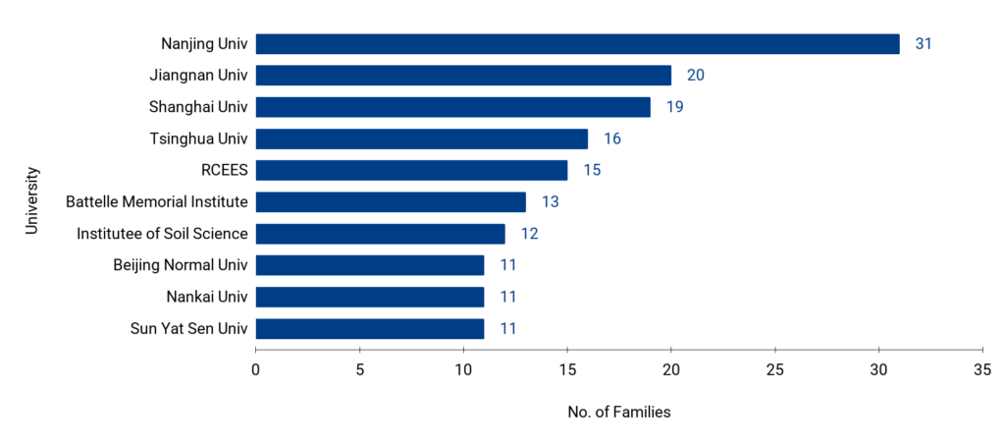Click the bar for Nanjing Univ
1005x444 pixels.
pyautogui.click(x=577, y=44)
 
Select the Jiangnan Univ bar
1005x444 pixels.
pyautogui.click(x=463, y=76)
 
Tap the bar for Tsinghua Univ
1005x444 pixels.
pyautogui.click(x=422, y=139)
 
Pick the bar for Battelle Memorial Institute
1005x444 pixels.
pyautogui.click(x=391, y=202)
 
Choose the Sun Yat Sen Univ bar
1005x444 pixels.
pyautogui.click(x=370, y=328)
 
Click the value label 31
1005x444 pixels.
pyautogui.click(x=923, y=44)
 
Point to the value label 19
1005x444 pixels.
pyautogui.click(x=674, y=107)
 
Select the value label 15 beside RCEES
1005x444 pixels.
pyautogui.click(x=591, y=170)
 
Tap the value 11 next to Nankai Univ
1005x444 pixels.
pyautogui.click(x=507, y=297)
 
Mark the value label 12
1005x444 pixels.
pyautogui.click(x=529, y=234)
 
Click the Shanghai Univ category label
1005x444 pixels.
pyautogui.click(x=198, y=107)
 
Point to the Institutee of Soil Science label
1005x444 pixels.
pyautogui.click(x=162, y=234)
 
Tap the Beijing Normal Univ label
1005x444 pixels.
pyautogui.click(x=180, y=265)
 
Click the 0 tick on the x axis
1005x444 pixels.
pyautogui.click(x=256, y=369)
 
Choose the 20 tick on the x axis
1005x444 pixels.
pyautogui.click(x=671, y=369)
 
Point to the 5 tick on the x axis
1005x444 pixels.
pyautogui.click(x=360, y=369)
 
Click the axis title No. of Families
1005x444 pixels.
pyautogui.click(x=619, y=413)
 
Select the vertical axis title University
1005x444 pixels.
pyautogui.click(x=31, y=199)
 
